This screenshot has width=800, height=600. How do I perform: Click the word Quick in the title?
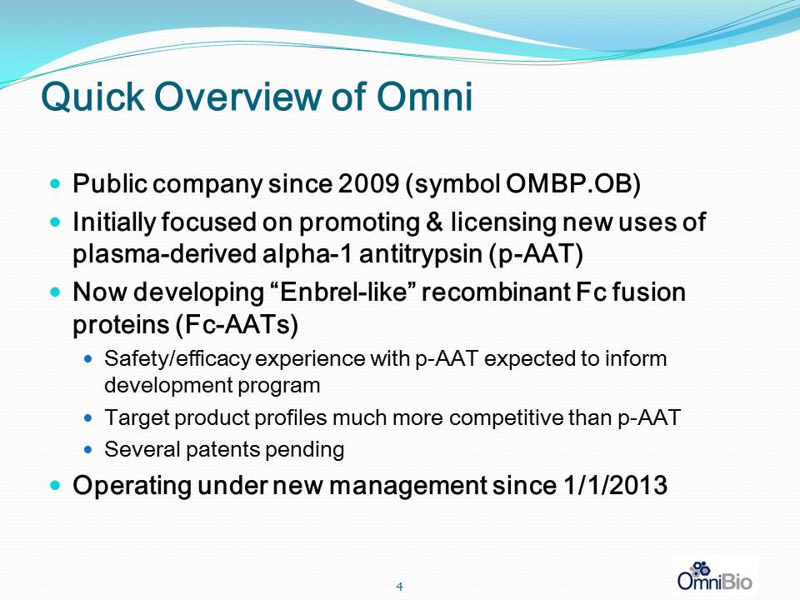92,97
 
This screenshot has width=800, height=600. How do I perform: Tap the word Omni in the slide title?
424,96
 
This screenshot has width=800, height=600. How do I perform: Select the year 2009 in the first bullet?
368,183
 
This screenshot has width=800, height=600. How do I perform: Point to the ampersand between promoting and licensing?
434,222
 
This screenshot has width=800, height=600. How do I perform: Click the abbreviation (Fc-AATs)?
237,325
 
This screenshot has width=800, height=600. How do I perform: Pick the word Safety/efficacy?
177,359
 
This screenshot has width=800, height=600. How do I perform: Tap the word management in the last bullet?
407,486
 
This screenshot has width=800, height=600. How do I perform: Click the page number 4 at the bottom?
399,587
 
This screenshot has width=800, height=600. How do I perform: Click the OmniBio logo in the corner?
714,576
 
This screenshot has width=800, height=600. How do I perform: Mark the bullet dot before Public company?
56,182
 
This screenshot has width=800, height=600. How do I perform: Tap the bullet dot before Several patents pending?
89,450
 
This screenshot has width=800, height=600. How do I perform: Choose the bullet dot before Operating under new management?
56,483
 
